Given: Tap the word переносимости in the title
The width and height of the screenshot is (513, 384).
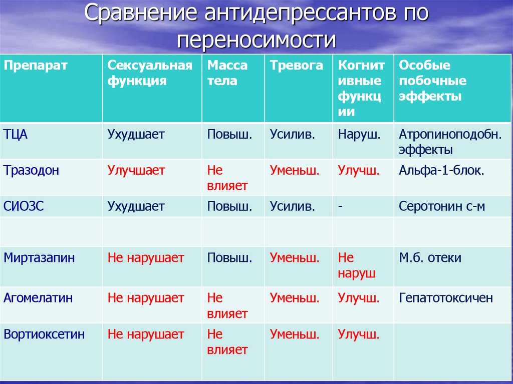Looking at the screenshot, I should (256, 39).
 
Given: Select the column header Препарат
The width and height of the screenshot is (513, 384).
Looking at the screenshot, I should (36, 66).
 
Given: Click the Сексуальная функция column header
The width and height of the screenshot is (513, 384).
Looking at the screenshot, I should (150, 73).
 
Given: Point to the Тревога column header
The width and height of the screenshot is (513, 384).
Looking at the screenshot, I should (297, 66).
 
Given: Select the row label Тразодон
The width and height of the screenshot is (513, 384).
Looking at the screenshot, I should (32, 170).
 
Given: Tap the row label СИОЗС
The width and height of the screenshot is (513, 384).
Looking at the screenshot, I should (24, 206).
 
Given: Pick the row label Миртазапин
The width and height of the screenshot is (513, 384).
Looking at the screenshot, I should (39, 258).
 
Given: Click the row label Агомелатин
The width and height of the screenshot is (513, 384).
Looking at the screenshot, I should (38, 298).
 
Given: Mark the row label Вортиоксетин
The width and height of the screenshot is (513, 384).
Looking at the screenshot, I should (44, 334).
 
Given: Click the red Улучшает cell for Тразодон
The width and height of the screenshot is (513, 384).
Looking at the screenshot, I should (136, 170).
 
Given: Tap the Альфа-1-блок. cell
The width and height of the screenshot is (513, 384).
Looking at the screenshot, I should (441, 170).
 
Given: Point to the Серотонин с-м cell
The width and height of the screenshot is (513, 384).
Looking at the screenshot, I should (442, 206).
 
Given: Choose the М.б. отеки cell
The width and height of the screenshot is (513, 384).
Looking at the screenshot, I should (430, 258).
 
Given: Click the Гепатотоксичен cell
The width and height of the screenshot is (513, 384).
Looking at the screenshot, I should (446, 298).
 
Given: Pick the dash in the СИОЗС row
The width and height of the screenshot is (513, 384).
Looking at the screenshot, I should (340, 206).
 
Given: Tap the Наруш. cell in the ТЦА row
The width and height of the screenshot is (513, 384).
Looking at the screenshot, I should (359, 134).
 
